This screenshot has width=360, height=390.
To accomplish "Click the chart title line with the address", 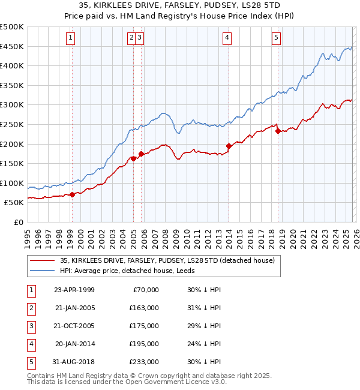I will [180, 6].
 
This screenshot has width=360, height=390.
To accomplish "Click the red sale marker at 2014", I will [229, 146].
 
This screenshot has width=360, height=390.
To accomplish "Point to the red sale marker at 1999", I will [72, 194].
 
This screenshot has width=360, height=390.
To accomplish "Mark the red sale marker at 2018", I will [278, 131].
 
